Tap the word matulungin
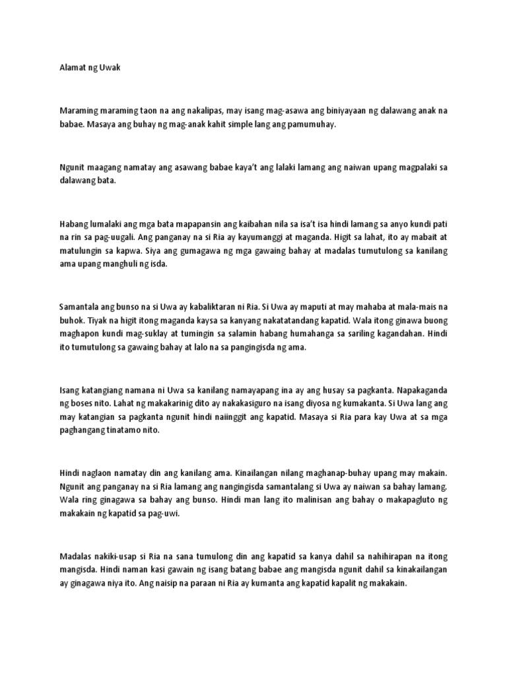point(81,251)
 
